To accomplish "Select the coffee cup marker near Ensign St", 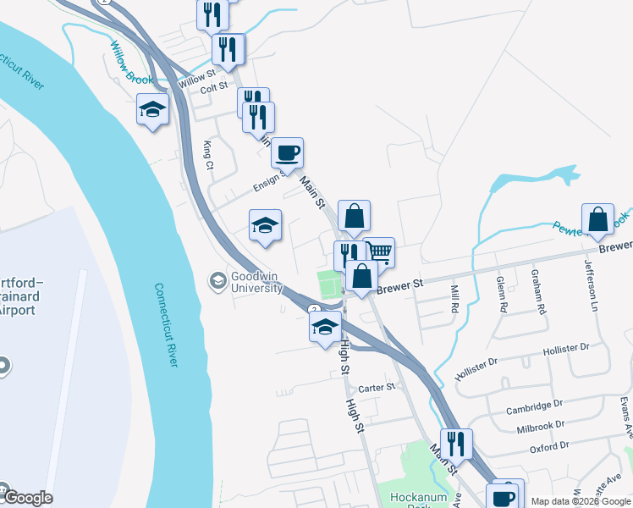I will pos(287,154).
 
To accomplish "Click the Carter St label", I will pos(377,388).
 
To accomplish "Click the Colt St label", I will pos(214,86).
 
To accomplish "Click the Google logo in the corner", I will pos(27,498).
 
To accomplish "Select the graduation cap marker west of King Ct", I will pos(152,110).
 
